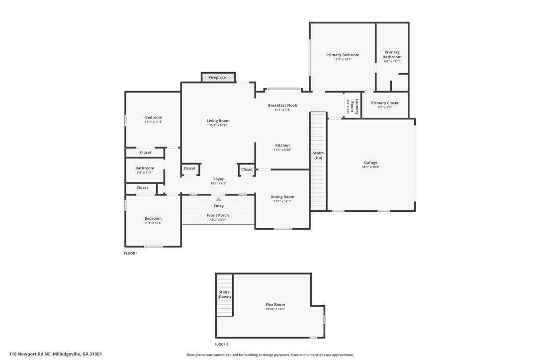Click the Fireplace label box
click(218, 78)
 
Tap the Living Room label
click(218, 120)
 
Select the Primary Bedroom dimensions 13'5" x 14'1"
click(343, 59)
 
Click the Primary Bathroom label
click(392, 54)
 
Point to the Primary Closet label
click(385, 102)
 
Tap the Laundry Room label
click(355, 107)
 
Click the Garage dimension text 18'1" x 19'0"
click(370, 167)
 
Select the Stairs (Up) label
click(318, 155)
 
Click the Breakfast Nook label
click(282, 105)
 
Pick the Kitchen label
click(282, 145)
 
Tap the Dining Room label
click(282, 197)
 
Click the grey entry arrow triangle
click(219, 199)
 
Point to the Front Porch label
click(218, 215)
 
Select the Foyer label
click(218, 179)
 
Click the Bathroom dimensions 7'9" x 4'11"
click(145, 173)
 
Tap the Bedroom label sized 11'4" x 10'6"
click(153, 218)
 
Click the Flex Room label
click(275, 304)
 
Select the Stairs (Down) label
click(224, 294)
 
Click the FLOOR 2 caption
click(221, 345)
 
